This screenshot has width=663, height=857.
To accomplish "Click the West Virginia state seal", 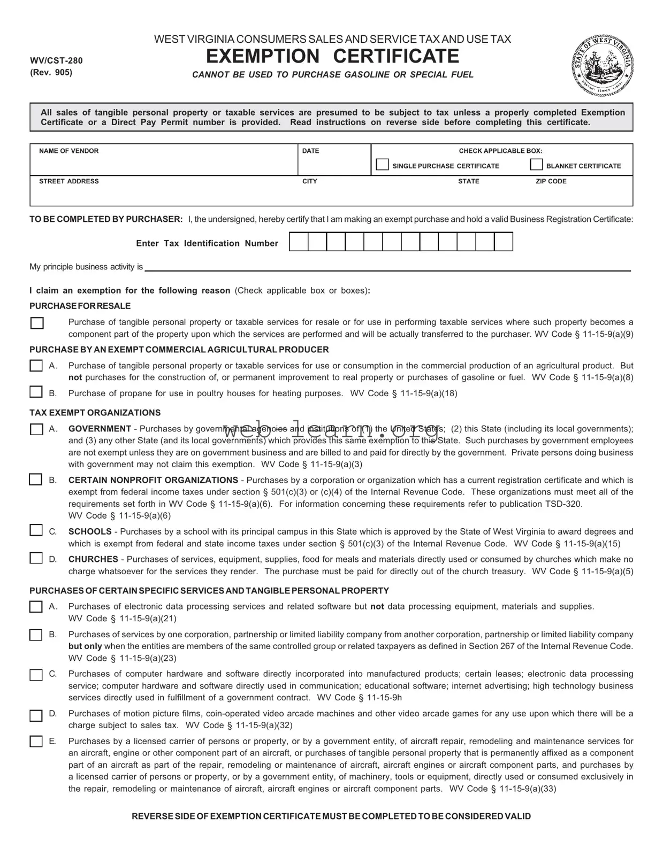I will (x=602, y=65).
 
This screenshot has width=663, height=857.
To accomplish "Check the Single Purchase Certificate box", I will (x=383, y=165).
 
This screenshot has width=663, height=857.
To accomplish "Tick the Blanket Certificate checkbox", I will (x=536, y=165).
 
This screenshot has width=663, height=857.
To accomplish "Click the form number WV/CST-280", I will (x=56, y=61).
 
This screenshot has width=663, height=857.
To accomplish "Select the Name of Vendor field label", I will (x=68, y=151).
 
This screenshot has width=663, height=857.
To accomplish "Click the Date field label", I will (x=310, y=151).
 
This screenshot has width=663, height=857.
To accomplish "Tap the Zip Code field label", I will (x=551, y=182).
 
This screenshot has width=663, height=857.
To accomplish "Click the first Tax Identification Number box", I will (x=299, y=242).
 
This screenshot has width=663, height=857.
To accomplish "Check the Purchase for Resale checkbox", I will (x=37, y=323).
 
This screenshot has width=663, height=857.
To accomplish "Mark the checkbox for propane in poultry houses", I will (x=36, y=392).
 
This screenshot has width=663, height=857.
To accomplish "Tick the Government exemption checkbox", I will (x=36, y=429).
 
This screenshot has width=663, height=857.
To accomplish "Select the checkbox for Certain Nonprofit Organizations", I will (x=35, y=480).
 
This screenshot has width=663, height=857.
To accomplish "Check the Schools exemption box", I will (x=36, y=531).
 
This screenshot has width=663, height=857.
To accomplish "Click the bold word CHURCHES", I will (x=93, y=559).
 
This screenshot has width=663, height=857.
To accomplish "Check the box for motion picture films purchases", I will (x=36, y=716).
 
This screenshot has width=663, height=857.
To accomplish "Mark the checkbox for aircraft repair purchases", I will (x=36, y=742).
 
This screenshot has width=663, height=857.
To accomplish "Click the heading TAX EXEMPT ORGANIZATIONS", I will (x=95, y=413).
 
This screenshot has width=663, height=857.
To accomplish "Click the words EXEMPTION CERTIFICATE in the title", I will (x=332, y=56).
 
